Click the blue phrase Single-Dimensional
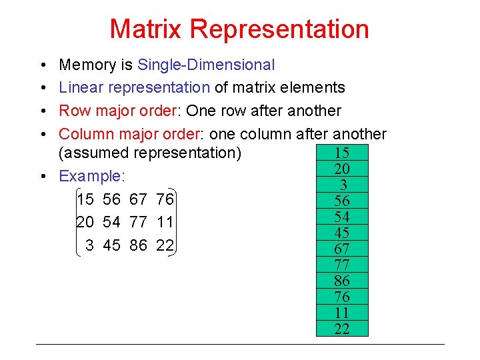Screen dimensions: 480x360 [x=205, y=65]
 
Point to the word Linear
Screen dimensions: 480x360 [x=79, y=88]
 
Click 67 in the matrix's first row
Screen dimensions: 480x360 [x=139, y=199]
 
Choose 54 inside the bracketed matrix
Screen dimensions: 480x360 [x=112, y=222]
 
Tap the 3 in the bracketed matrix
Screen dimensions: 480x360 [x=89, y=245]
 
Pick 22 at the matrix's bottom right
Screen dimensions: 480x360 [x=165, y=245]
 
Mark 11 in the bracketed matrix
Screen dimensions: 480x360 [x=165, y=222]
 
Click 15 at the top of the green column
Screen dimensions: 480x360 [x=342, y=153]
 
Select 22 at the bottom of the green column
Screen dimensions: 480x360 [x=342, y=329]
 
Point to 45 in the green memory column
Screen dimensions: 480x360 [x=342, y=233]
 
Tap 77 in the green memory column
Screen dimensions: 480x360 [x=342, y=265]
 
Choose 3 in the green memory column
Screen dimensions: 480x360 [x=343, y=185]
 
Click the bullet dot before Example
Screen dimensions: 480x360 [x=42, y=177]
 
